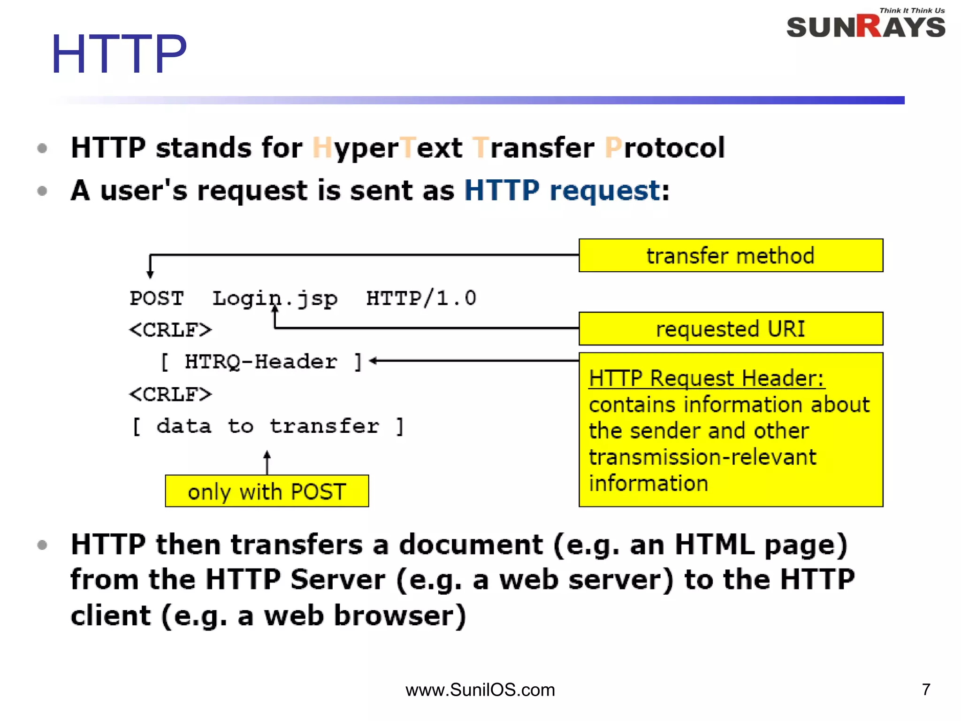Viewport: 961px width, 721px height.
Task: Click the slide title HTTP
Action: coord(119,54)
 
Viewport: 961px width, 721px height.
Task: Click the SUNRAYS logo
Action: coord(866,26)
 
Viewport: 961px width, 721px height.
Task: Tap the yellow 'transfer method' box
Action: coord(731,255)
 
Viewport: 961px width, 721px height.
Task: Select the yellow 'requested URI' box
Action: coord(731,329)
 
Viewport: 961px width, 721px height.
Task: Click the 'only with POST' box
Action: coord(267,491)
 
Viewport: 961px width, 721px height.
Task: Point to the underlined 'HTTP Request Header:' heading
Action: coord(706,378)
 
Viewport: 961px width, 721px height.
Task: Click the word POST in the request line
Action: coord(157,299)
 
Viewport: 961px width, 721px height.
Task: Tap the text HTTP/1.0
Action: coord(421,299)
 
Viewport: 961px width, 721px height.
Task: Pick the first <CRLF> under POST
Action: coord(170,330)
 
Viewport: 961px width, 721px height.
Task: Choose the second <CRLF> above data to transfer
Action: coord(170,394)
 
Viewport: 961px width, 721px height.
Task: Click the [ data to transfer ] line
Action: coord(267,426)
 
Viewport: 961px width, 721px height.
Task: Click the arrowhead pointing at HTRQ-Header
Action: coord(373,360)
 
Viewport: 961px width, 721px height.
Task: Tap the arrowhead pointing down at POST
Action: coord(150,275)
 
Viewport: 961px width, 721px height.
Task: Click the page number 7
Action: coord(926,689)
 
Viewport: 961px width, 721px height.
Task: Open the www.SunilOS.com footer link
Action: coord(480,690)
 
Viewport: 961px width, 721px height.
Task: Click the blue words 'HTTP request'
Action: coord(562,191)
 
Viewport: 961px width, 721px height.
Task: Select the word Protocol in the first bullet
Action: coord(664,148)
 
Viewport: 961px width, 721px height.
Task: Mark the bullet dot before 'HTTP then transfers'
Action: coord(42,545)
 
